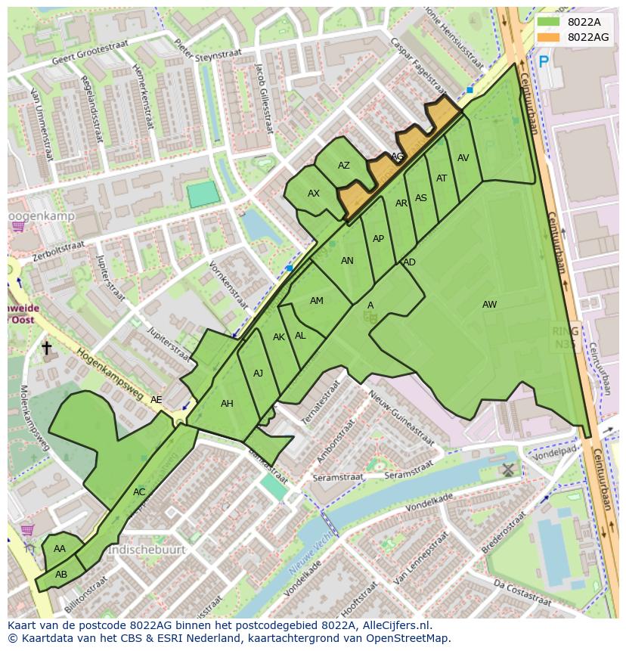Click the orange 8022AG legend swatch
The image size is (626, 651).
click(x=549, y=37)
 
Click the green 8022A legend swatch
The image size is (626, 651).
click(x=549, y=22)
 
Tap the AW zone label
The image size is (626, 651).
click(x=490, y=305)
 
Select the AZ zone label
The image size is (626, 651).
click(x=344, y=166)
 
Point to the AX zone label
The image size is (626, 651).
click(x=314, y=194)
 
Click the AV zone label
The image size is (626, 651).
click(x=463, y=158)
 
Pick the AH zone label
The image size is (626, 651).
click(x=227, y=404)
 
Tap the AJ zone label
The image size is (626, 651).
click(x=258, y=374)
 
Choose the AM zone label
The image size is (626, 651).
click(x=317, y=301)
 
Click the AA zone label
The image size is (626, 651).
click(x=60, y=549)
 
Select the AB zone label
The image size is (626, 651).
click(x=61, y=574)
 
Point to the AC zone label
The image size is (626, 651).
click(x=139, y=492)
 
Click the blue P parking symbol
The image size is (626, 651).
click(x=544, y=62)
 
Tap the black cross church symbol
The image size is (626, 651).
click(x=46, y=348)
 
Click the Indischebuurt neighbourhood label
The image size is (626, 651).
click(x=147, y=550)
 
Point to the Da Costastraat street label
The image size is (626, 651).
click(x=522, y=592)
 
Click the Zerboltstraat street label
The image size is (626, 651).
click(x=58, y=250)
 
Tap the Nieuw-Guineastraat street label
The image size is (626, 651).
click(x=401, y=419)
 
